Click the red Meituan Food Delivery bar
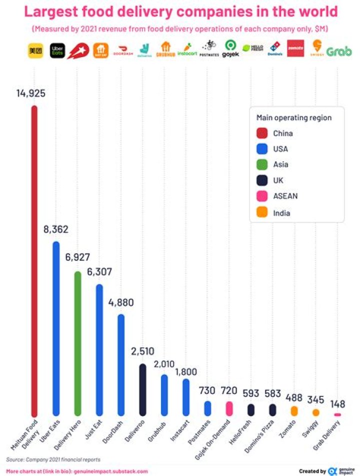pyautogui.click(x=34, y=260)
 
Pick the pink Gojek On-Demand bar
pyautogui.click(x=229, y=408)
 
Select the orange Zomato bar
pyautogui.click(x=294, y=411)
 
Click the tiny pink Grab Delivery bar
pyautogui.click(x=337, y=415)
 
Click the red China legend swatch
pyautogui.click(x=262, y=133)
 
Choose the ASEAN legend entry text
pyautogui.click(x=285, y=196)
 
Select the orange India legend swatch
pyautogui.click(x=262, y=213)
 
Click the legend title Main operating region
pyautogui.click(x=293, y=118)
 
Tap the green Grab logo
pyautogui.click(x=338, y=52)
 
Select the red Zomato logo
pyautogui.click(x=295, y=50)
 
